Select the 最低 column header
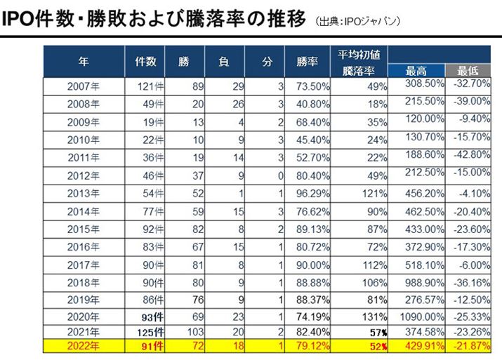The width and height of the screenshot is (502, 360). pos(468,70)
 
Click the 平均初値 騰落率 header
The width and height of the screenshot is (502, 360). pos(359,61)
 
